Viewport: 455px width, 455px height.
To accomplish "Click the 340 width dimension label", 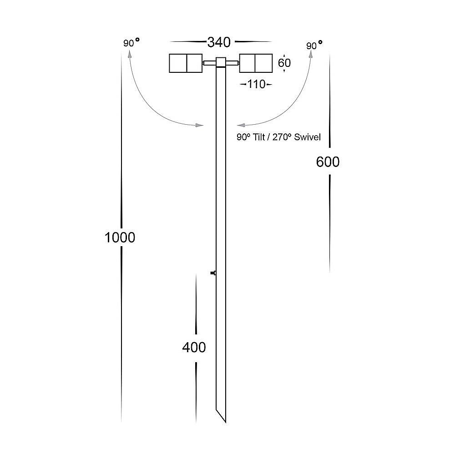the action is [x=219, y=42].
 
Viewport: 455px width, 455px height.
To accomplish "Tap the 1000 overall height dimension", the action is [x=120, y=238].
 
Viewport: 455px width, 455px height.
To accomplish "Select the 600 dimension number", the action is [x=328, y=162].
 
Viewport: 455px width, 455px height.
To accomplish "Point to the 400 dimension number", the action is [x=194, y=347].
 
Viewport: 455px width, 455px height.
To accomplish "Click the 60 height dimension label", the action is [x=284, y=63].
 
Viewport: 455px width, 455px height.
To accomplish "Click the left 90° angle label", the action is [x=131, y=42].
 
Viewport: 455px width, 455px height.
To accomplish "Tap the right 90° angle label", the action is [x=314, y=45].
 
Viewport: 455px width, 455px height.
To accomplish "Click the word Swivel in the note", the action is [x=307, y=137].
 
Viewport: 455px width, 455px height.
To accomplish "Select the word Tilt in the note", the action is [x=259, y=137].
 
